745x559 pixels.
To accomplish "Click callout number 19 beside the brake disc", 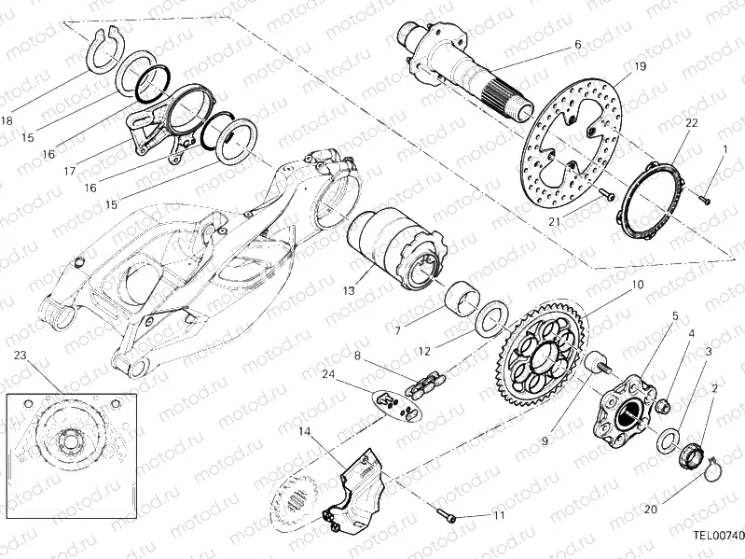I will point(640,66).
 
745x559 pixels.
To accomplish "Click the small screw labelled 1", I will point(706,198).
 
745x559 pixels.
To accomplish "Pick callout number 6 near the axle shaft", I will point(577,44).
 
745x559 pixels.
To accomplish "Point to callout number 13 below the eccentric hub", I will point(347,291).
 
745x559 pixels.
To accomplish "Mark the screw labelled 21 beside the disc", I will point(607,196).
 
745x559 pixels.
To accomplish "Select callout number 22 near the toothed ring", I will point(692,123).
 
